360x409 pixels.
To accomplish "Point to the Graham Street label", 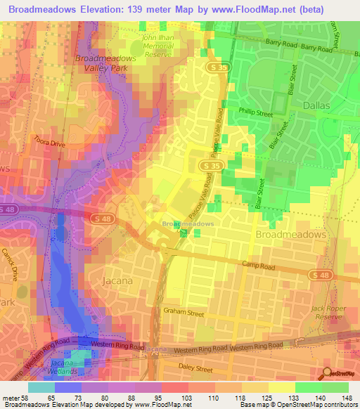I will click(x=184, y=310).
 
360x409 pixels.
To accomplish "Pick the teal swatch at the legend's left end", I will click(x=41, y=387).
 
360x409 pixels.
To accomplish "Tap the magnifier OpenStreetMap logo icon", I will click(x=327, y=373).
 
